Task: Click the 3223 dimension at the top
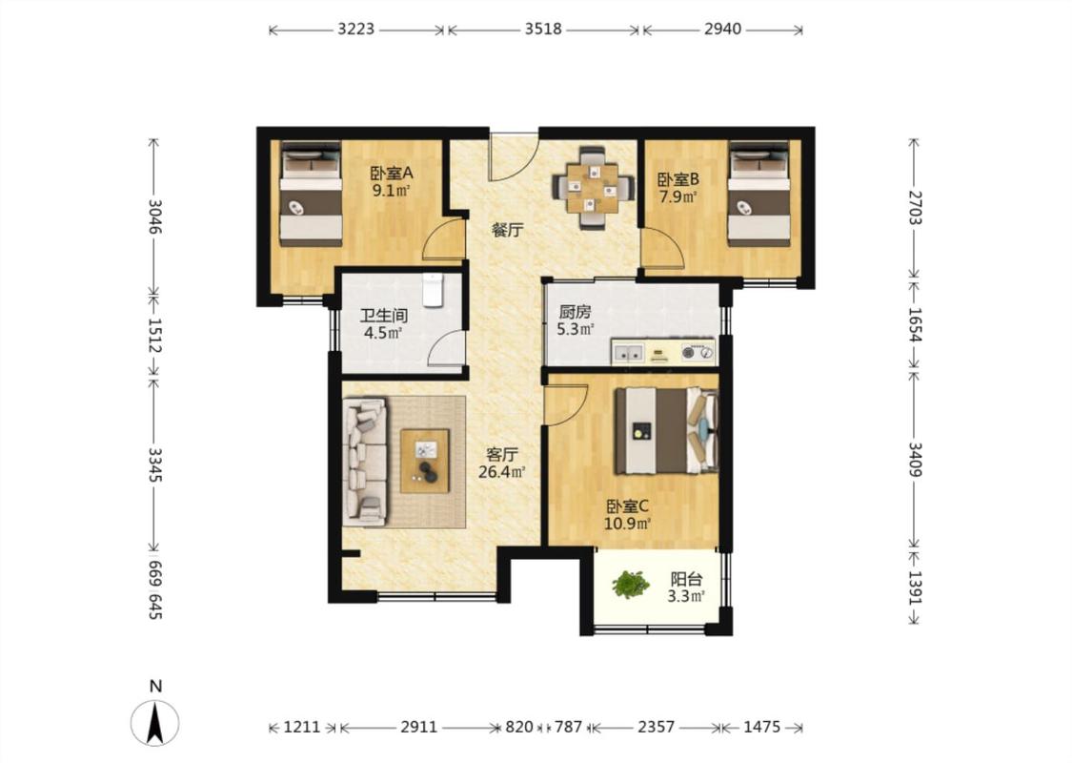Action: tap(356, 29)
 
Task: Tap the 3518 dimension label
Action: tap(543, 29)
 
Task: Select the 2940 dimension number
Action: tap(722, 29)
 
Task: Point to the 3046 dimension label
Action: tap(154, 217)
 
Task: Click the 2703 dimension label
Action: tap(915, 207)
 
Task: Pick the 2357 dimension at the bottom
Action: tap(657, 727)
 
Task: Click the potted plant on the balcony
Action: tap(631, 585)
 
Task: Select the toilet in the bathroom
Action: tap(433, 290)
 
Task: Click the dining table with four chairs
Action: tap(592, 187)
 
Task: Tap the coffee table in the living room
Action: tap(425, 461)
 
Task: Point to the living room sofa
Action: tap(364, 462)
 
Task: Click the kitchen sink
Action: tap(628, 353)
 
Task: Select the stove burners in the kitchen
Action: tap(697, 353)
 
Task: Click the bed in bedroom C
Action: tap(667, 430)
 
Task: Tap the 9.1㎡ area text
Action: tap(391, 191)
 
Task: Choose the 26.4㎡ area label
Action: tap(502, 471)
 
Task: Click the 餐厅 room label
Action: tap(507, 230)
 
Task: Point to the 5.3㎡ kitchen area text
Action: tap(575, 329)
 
